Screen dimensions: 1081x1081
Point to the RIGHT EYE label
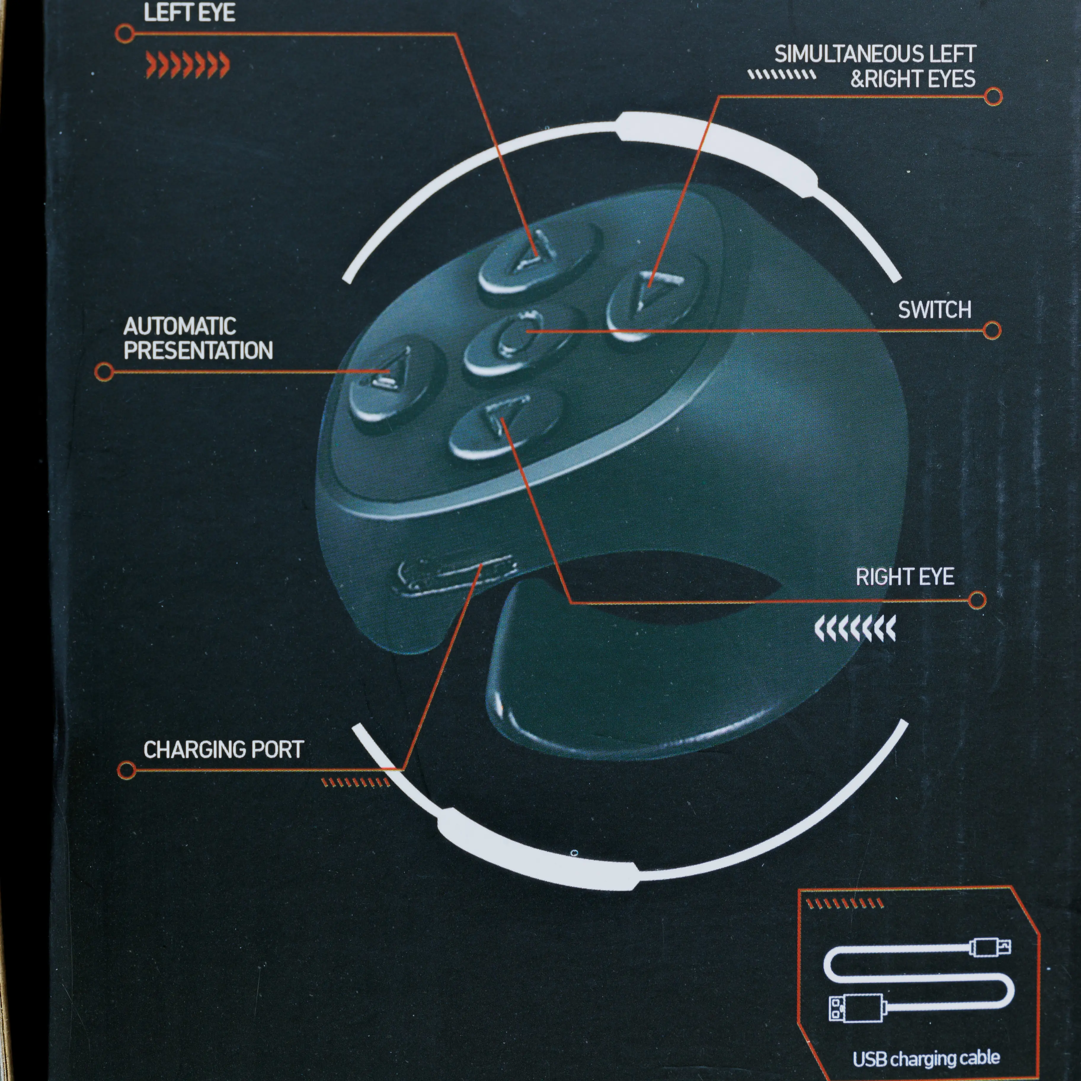905,577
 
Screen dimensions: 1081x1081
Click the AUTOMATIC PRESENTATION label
198,338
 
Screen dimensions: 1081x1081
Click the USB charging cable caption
926,1058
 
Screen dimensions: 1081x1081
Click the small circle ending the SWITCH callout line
992,330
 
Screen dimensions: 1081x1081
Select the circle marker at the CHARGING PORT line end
127,770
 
